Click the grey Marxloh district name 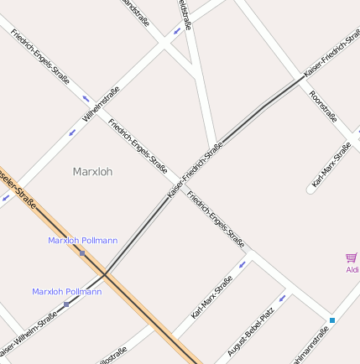(x=92, y=172)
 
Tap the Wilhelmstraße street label (x=101, y=105)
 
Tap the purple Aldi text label (x=352, y=270)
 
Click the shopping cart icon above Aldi (x=351, y=258)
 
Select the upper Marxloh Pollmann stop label (x=82, y=241)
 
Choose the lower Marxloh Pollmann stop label (x=66, y=292)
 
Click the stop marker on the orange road (x=82, y=252)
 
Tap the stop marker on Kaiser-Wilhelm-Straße (x=66, y=304)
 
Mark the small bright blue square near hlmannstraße (x=332, y=320)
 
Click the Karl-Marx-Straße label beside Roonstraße (x=331, y=164)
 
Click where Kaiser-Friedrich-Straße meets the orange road (x=105, y=273)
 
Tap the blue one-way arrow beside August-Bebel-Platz (x=282, y=297)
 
